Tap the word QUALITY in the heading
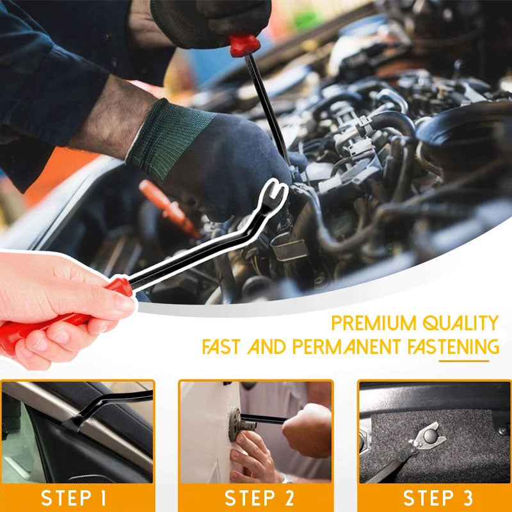pos(461,323)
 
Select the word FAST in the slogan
pos(222,348)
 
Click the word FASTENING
pos(453,348)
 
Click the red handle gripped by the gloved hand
pos(245,45)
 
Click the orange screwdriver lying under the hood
pos(168,208)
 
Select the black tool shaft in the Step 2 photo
pos(269,420)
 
